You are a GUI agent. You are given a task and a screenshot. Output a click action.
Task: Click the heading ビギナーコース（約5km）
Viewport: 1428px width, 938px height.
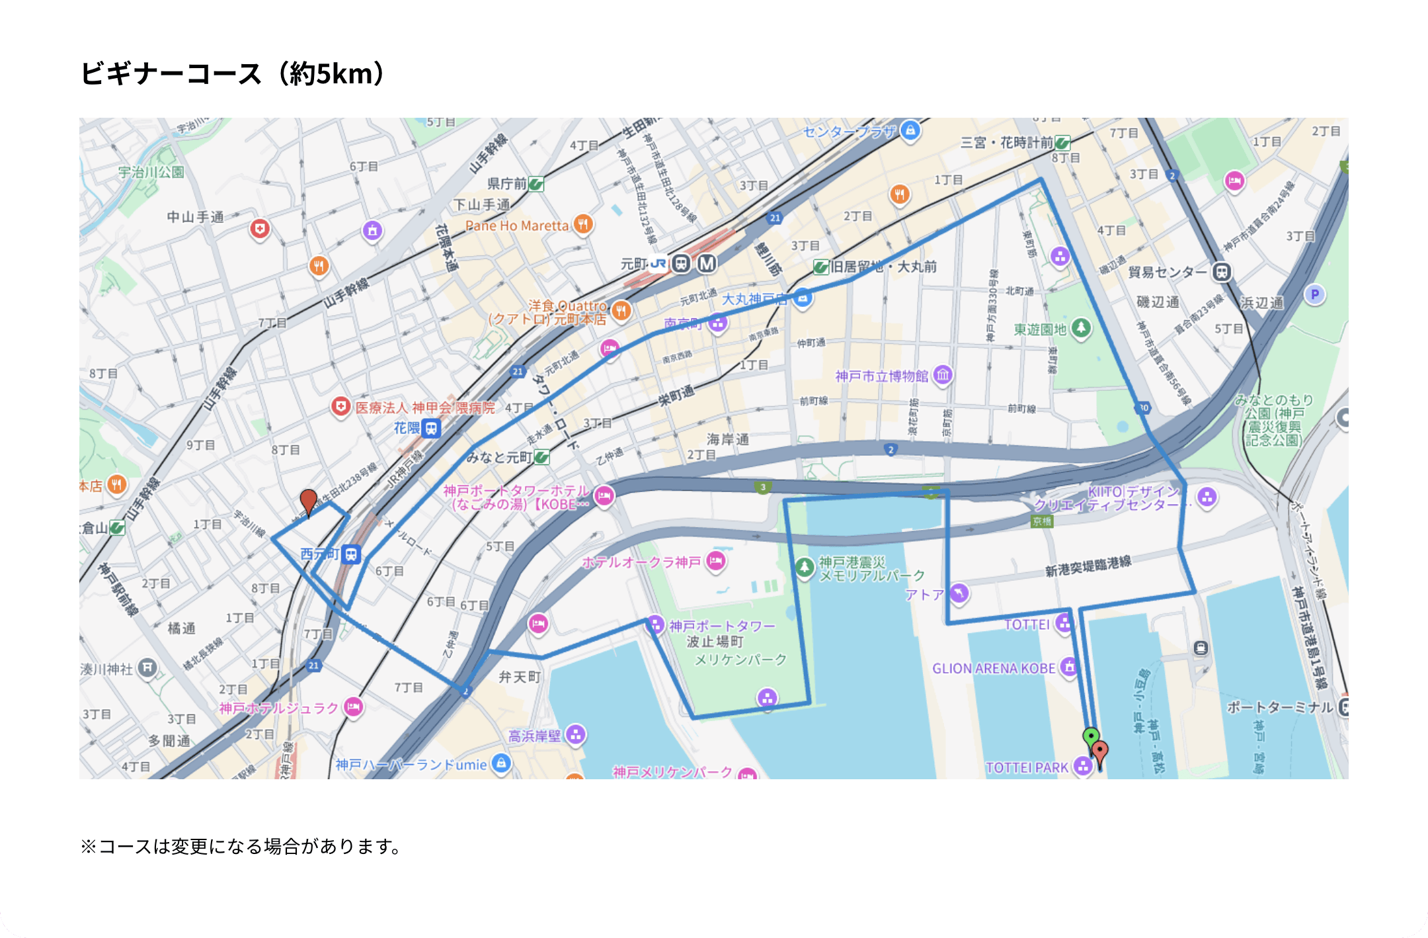pos(232,73)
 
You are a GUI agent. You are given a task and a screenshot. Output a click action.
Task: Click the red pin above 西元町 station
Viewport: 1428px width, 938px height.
pos(308,501)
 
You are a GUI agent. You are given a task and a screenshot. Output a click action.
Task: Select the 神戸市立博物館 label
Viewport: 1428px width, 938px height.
pos(881,376)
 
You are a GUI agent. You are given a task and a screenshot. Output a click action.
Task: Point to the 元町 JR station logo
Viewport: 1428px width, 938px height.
pos(658,264)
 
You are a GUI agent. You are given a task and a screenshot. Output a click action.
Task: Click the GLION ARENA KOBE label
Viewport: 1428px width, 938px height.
pos(993,668)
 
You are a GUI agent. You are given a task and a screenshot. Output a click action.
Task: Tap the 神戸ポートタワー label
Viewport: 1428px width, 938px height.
pos(721,626)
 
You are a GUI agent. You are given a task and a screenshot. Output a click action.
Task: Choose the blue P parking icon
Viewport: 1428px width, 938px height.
pos(1314,294)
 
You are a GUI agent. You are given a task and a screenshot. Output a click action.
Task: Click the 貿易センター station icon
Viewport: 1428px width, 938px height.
pos(1222,272)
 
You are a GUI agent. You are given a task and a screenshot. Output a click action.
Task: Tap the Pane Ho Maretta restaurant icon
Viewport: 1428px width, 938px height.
pos(582,224)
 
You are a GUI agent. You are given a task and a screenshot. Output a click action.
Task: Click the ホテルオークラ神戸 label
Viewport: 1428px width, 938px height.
pos(641,562)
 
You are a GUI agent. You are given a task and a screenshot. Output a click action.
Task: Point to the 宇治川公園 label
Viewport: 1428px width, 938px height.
pos(151,172)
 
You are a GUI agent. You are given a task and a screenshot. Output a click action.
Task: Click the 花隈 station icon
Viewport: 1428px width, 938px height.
pos(432,428)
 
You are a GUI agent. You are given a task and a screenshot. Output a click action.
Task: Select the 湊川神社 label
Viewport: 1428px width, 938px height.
pos(106,669)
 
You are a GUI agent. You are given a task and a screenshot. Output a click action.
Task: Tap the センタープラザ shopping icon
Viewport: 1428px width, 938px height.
pos(910,130)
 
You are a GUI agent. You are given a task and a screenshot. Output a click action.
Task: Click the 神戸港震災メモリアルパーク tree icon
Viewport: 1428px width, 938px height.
pos(805,567)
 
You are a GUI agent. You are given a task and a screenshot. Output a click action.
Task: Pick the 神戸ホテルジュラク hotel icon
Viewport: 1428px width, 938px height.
pos(354,707)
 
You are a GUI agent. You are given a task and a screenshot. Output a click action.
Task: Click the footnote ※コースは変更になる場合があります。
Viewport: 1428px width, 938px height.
pos(241,847)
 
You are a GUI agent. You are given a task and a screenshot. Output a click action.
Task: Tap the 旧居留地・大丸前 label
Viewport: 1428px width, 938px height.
pos(883,267)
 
